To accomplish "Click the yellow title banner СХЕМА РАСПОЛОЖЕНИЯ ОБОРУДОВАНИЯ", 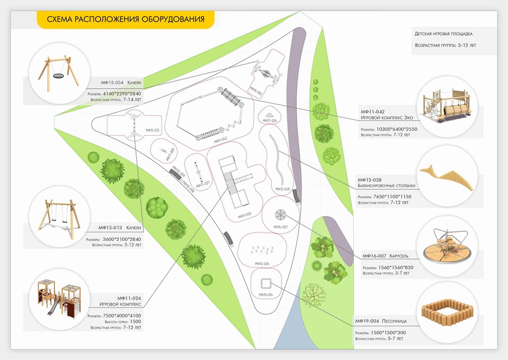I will [x=125, y=20].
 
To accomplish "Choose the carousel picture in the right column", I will [x=446, y=247].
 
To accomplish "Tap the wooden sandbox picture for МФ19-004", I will [x=446, y=314].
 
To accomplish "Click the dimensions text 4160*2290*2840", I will [x=125, y=94].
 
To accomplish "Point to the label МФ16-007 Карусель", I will [x=386, y=256].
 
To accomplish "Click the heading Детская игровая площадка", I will [x=447, y=34].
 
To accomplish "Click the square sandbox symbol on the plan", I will [x=266, y=282].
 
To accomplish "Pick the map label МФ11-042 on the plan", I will [x=221, y=140].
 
